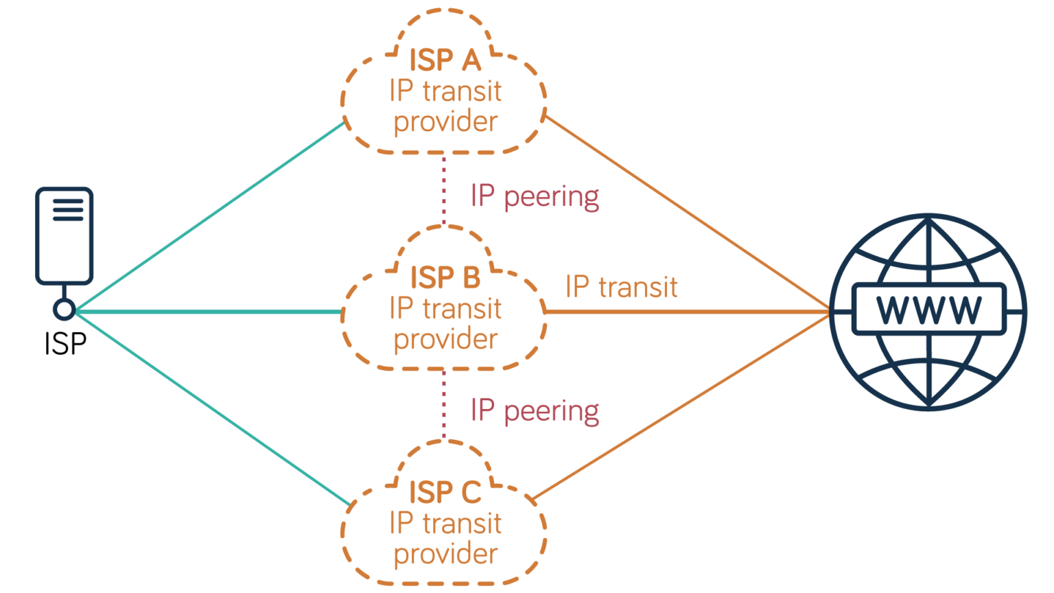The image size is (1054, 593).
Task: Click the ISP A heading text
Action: tap(445, 60)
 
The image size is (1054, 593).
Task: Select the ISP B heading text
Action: tap(445, 278)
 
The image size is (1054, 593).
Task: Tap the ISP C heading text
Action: tap(445, 493)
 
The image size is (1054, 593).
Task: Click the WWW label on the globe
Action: tap(928, 310)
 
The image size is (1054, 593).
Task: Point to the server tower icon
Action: tap(65, 235)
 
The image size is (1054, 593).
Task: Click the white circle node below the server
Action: tap(65, 310)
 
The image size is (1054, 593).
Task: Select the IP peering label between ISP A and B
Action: tap(535, 196)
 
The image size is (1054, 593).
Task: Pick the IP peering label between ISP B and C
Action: tap(535, 410)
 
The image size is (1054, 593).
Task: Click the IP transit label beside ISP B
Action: tap(621, 287)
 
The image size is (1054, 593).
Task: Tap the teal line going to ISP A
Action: tap(206, 218)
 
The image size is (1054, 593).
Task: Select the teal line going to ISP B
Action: tap(206, 312)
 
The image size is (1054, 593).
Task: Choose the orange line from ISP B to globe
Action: tap(686, 312)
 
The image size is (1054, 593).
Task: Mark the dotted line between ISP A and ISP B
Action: tap(444, 189)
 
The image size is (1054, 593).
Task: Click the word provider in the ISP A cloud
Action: tap(445, 122)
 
